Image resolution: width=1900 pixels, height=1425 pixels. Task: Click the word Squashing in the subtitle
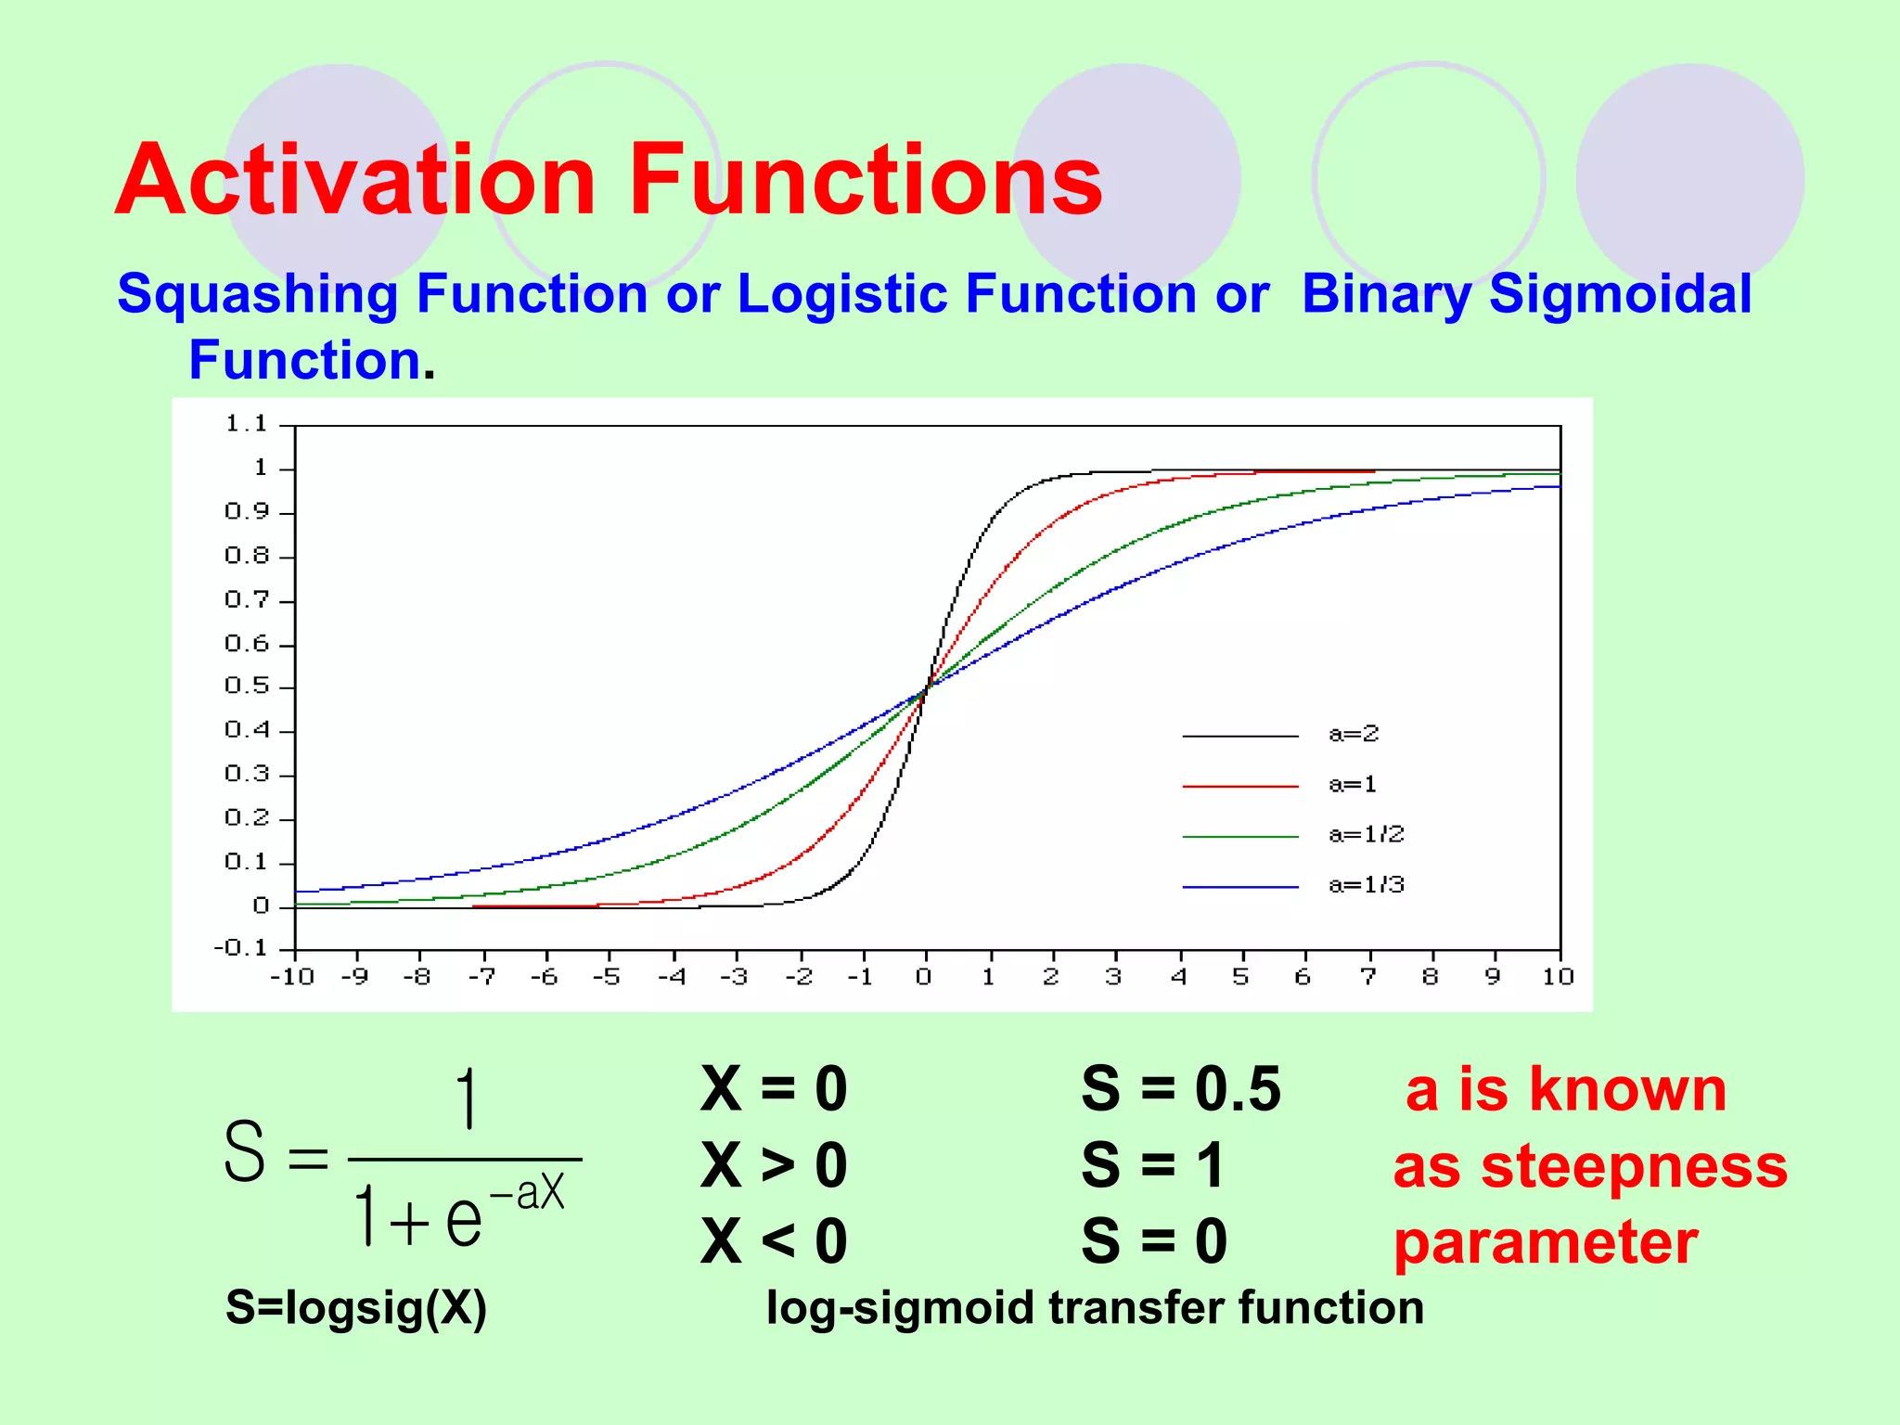(x=257, y=294)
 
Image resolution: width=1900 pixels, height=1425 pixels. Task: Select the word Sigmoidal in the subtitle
(x=1620, y=294)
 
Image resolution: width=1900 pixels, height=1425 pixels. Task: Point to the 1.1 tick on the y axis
(x=247, y=424)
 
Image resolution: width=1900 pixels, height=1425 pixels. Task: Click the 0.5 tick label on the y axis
(x=247, y=687)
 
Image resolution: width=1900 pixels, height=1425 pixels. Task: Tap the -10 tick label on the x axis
(x=292, y=977)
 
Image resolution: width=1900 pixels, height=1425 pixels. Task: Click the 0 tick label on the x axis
(x=923, y=977)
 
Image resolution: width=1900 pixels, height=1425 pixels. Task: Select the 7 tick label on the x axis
(x=1367, y=977)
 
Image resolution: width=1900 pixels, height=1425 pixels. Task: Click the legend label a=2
(x=1354, y=735)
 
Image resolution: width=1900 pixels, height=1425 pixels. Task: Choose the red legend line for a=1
(x=1240, y=786)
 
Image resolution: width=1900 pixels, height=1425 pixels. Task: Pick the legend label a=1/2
(x=1367, y=835)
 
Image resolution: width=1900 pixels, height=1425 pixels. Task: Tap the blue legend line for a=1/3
(x=1240, y=887)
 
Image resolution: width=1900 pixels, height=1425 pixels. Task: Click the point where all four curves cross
(x=926, y=687)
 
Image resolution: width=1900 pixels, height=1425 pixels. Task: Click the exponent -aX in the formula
(x=527, y=1192)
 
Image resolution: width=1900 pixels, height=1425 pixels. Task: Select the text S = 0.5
(x=1180, y=1089)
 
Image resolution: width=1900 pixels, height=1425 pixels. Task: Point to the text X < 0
(x=774, y=1241)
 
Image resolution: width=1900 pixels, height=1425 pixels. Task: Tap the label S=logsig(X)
(x=356, y=1308)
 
